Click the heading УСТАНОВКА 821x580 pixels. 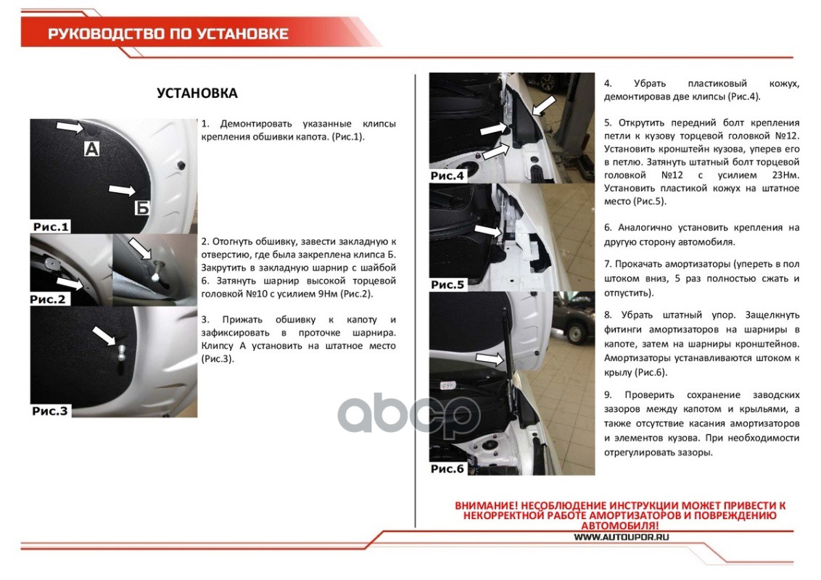click(197, 94)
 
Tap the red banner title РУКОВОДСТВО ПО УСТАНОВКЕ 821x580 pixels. click(168, 34)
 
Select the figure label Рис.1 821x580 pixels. click(51, 227)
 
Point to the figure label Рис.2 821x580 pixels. click(48, 299)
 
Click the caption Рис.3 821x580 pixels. click(50, 411)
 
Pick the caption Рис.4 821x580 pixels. click(447, 176)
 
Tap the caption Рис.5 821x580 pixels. click(447, 285)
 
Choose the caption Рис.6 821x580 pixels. click(447, 469)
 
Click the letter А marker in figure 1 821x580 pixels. click(91, 149)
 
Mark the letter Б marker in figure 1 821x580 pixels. click(142, 208)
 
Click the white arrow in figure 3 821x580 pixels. click(104, 336)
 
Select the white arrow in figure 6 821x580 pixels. click(490, 359)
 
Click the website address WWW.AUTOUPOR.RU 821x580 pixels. click(621, 537)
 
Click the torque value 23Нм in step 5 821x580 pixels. click(786, 175)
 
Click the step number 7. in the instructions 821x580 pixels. click(608, 265)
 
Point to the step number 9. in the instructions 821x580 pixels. click(608, 395)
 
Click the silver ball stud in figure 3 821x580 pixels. click(121, 351)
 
